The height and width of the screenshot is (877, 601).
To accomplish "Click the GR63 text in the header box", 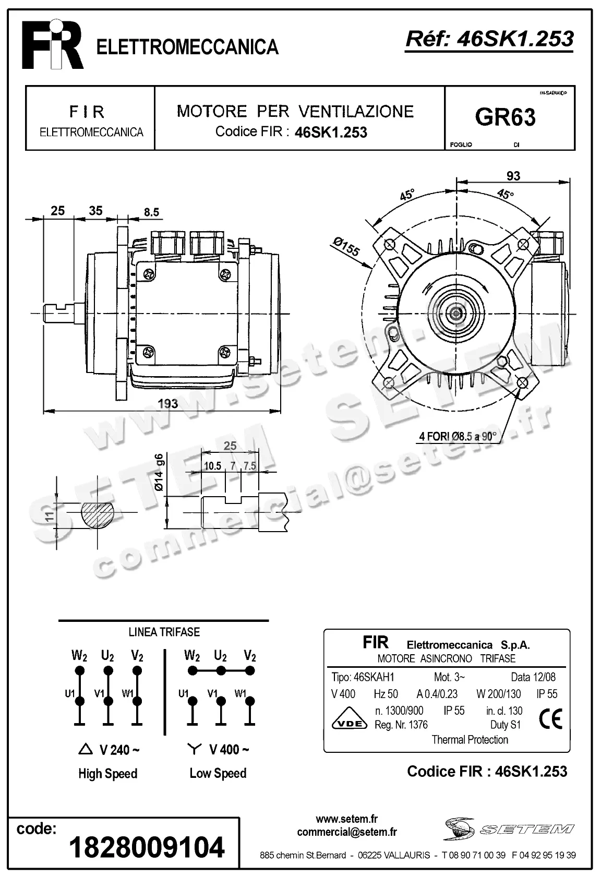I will [x=505, y=117].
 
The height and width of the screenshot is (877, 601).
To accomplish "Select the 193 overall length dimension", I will [x=167, y=403].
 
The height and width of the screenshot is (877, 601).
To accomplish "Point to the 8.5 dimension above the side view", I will [x=151, y=212].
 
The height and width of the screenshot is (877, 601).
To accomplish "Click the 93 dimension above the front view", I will [x=513, y=176].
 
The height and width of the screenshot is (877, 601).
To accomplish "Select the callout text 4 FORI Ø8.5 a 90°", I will [x=457, y=436].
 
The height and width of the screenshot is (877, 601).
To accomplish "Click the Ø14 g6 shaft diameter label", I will [x=160, y=472].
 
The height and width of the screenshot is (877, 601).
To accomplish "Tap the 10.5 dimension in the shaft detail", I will [x=212, y=466].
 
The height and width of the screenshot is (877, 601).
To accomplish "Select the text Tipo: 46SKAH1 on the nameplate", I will [x=363, y=677].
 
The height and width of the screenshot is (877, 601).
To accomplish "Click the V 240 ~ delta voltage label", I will [x=110, y=750].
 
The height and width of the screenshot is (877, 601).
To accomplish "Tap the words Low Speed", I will [x=218, y=773].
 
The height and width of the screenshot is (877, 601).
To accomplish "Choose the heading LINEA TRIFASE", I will [x=164, y=632].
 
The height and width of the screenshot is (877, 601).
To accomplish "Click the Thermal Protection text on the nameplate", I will [x=470, y=740].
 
